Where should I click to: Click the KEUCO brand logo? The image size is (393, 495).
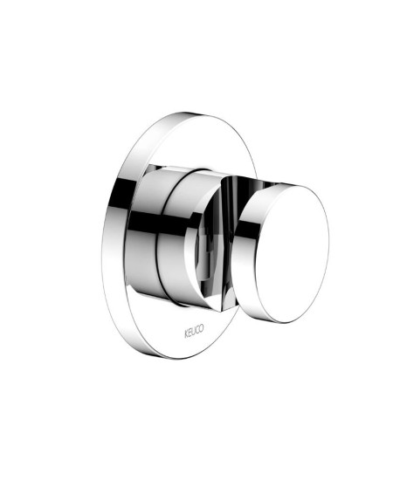click(194, 331)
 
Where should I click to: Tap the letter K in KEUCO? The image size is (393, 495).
click(186, 333)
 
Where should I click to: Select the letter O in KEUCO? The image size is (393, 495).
click(202, 328)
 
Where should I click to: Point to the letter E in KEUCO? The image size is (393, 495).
click(190, 332)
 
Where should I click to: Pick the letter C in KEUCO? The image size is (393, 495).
click(197, 330)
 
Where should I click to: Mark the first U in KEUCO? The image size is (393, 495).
click(194, 331)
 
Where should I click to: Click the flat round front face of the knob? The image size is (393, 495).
click(292, 254)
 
